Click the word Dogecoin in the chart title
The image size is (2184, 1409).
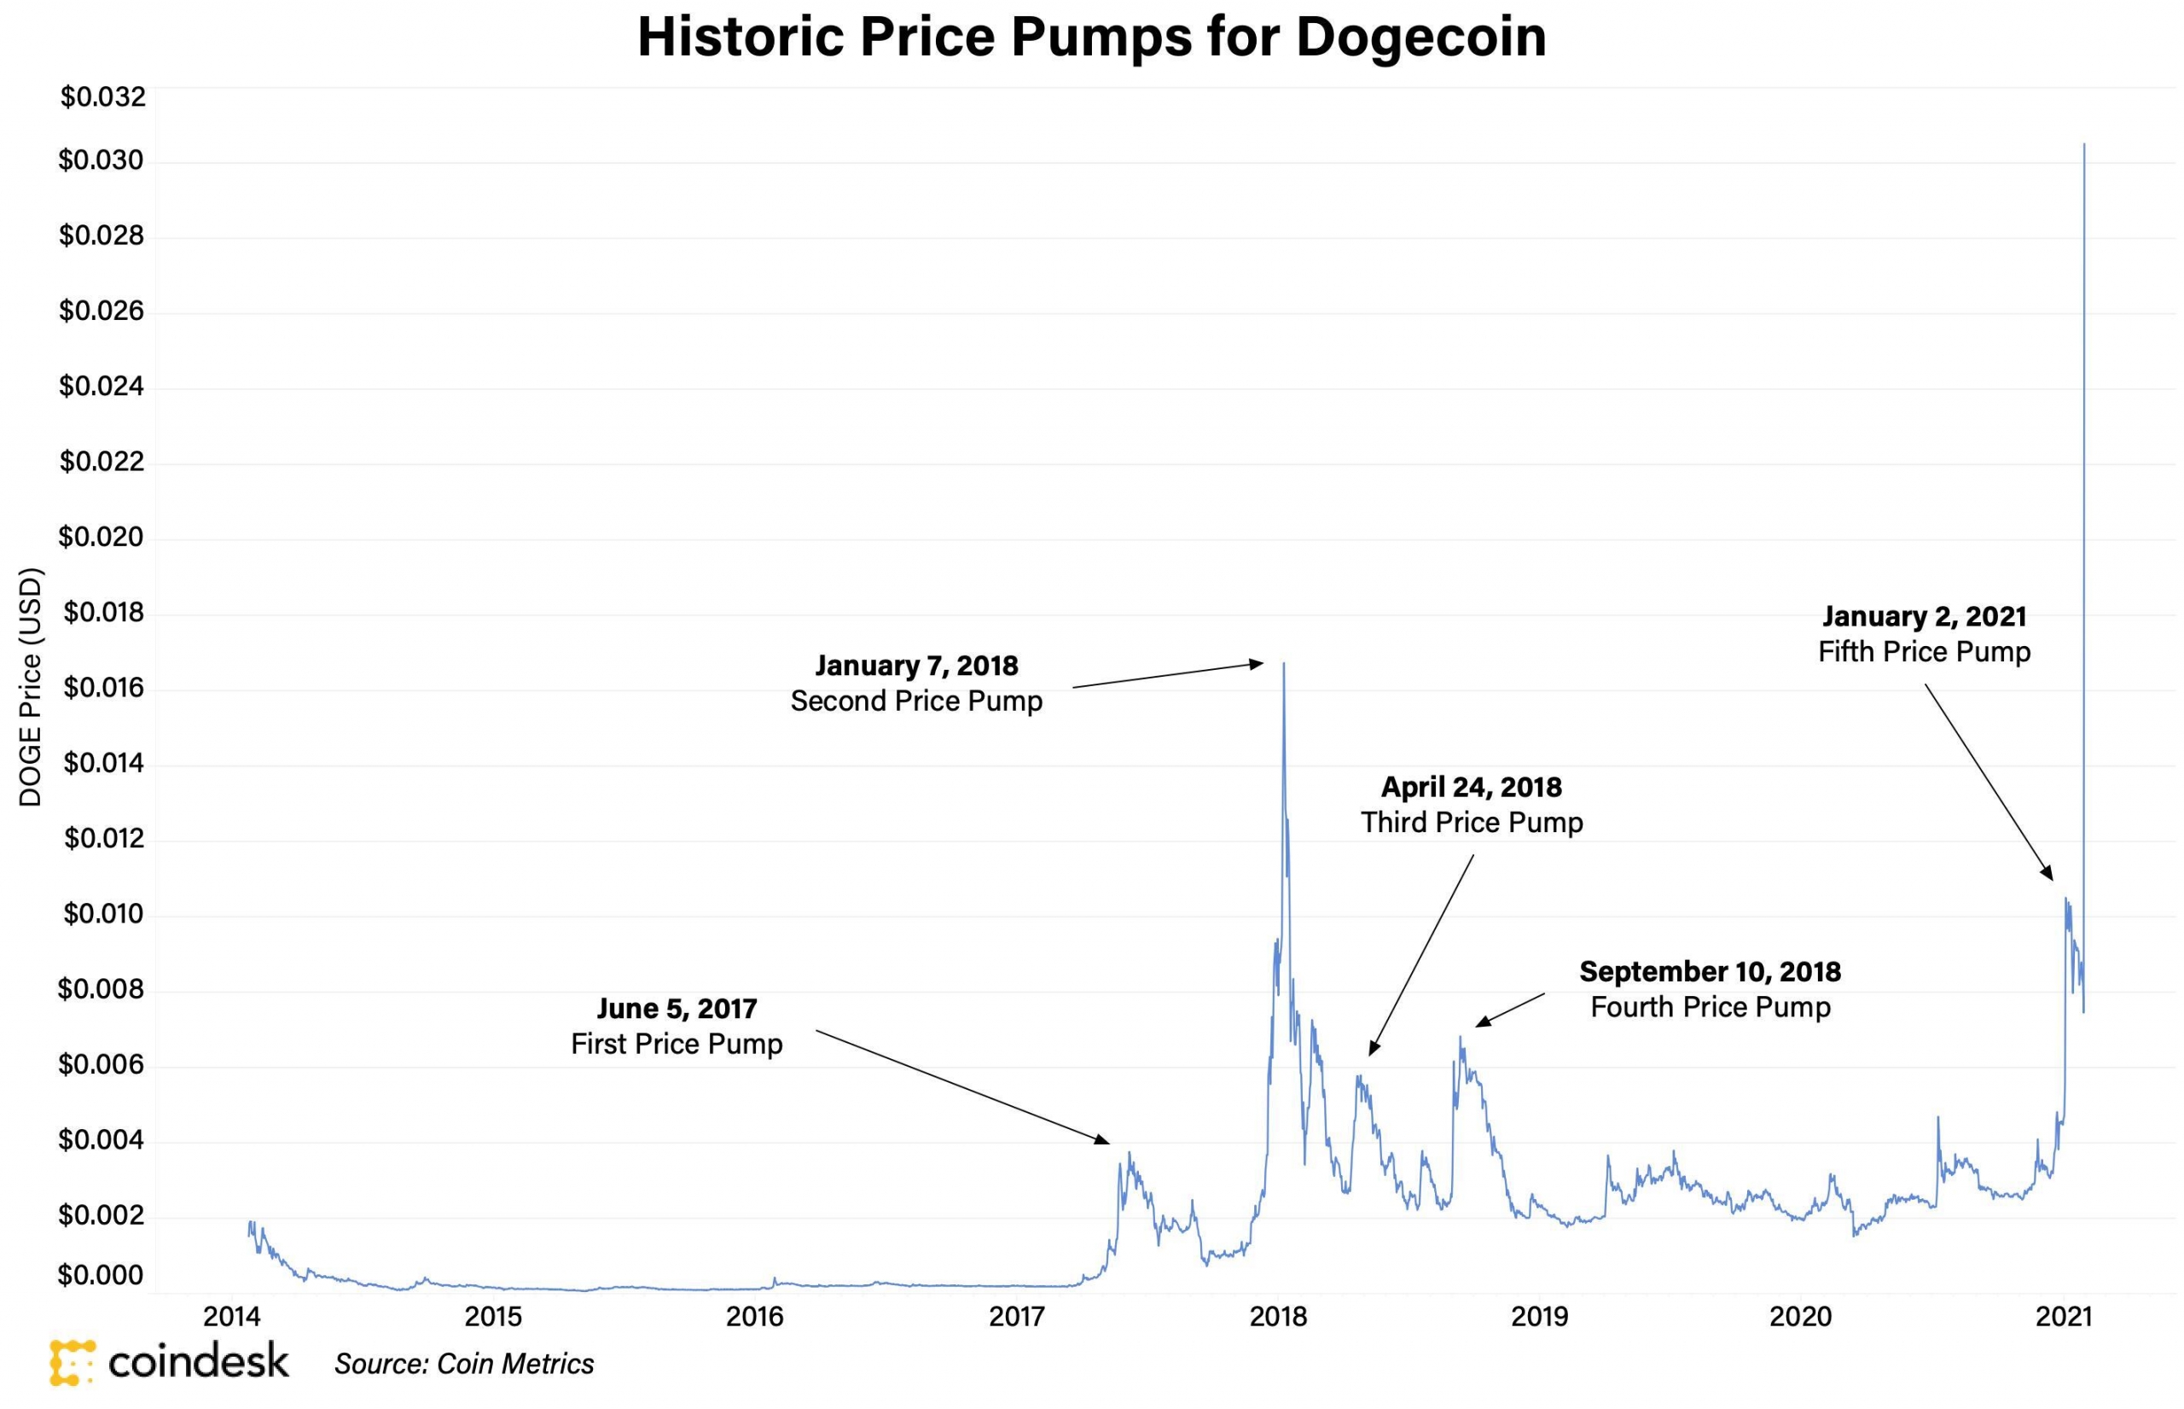tap(1420, 38)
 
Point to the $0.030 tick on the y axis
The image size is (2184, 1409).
tap(102, 161)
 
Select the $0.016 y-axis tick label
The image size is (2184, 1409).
tap(102, 688)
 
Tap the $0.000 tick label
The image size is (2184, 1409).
tap(102, 1274)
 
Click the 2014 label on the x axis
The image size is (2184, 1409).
tap(231, 1317)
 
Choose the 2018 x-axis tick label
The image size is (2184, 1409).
tap(1279, 1317)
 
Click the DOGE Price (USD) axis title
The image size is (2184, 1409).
tap(31, 688)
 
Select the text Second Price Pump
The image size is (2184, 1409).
tap(916, 701)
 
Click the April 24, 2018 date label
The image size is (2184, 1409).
tap(1471, 787)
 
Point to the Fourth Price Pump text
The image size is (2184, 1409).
tap(1711, 1007)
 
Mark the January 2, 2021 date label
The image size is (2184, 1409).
tap(1925, 617)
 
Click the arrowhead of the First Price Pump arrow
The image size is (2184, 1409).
tap(1107, 1142)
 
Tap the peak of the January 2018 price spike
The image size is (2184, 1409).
tap(1284, 664)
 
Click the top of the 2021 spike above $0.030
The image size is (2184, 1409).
tap(2084, 144)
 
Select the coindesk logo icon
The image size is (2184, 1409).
tap(73, 1362)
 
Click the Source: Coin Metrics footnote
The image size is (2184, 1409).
tap(464, 1364)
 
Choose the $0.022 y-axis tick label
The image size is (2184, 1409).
tap(102, 462)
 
